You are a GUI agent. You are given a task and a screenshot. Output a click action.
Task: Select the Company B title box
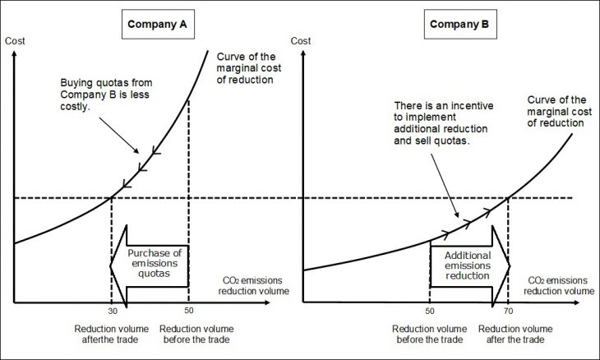pos(459,25)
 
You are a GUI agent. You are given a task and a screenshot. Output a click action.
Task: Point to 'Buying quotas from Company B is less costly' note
pos(98,95)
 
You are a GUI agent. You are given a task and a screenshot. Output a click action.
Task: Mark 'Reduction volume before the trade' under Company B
pos(431,334)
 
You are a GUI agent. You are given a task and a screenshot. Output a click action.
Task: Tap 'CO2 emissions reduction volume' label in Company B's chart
pos(557,284)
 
